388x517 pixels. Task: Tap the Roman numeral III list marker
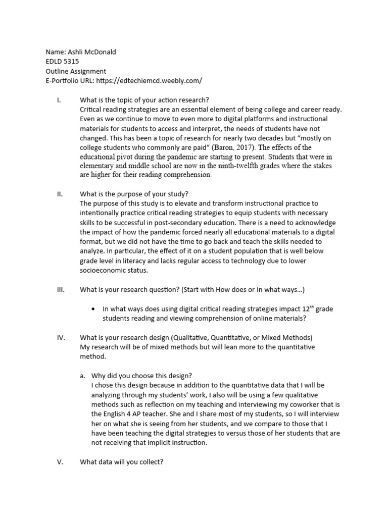click(59, 289)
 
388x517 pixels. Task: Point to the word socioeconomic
click(104, 270)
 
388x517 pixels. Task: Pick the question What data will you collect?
click(121, 462)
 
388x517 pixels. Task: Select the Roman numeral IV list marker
click(59, 337)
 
